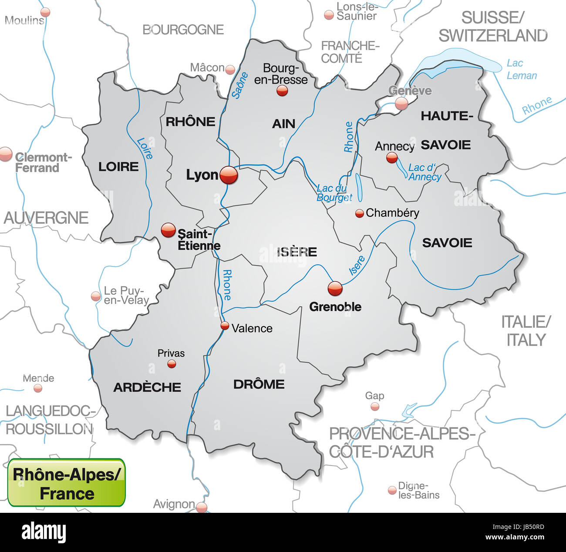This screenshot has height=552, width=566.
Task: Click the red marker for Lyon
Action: pyautogui.click(x=229, y=175)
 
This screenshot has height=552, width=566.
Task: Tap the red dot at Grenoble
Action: pyautogui.click(x=335, y=288)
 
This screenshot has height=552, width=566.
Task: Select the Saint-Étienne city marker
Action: pyautogui.click(x=168, y=230)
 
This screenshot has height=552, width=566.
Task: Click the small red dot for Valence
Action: pyautogui.click(x=225, y=325)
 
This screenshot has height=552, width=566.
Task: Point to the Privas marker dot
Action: pyautogui.click(x=172, y=364)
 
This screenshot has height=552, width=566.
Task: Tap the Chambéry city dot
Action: pyautogui.click(x=359, y=213)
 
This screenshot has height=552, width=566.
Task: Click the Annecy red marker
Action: pyautogui.click(x=392, y=158)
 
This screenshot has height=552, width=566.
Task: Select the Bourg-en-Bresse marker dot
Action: pyautogui.click(x=282, y=91)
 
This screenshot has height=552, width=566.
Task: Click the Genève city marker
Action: pyautogui.click(x=401, y=103)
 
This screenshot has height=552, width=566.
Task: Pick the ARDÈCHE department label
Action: pyautogui.click(x=147, y=387)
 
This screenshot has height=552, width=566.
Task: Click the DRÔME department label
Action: pyautogui.click(x=259, y=384)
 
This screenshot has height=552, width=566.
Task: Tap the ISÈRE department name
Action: pyautogui.click(x=297, y=252)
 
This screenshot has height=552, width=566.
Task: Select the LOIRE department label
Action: pyautogui.click(x=118, y=166)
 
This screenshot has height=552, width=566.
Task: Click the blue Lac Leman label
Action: pyautogui.click(x=521, y=69)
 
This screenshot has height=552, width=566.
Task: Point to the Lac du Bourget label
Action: pyautogui.click(x=334, y=193)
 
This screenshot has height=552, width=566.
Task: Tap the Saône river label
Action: pyautogui.click(x=239, y=85)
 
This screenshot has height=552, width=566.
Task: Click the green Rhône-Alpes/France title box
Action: pyautogui.click(x=67, y=483)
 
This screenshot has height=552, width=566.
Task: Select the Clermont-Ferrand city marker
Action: pyautogui.click(x=5, y=154)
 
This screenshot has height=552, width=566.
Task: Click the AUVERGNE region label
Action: pyautogui.click(x=46, y=218)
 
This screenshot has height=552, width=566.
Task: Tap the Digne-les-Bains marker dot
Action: pyautogui.click(x=392, y=491)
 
